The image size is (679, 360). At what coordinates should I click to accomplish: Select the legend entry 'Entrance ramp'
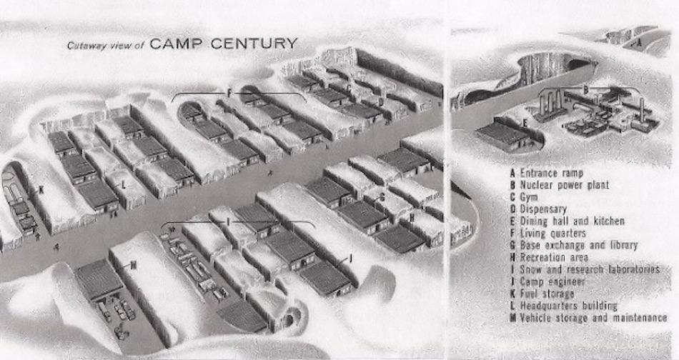pos(551,173)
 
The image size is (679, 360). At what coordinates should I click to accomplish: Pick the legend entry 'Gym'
pos(530,197)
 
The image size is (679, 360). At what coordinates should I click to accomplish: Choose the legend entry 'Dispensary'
pos(543,209)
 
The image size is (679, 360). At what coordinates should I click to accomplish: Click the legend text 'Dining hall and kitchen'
pos(572,221)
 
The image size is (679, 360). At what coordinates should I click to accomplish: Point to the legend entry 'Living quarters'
pos(552,233)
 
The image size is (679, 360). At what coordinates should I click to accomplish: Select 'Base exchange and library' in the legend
pos(578,245)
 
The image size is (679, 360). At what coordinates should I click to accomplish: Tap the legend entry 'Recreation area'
pos(554,256)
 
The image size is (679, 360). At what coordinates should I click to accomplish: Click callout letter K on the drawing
pos(41,189)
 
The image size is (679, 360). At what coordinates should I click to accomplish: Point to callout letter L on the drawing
pos(124,184)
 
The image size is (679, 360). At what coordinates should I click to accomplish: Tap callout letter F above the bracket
pos(229,93)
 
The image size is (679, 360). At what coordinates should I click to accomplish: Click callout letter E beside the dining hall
pos(525,124)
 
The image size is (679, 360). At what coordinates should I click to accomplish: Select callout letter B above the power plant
pos(585,90)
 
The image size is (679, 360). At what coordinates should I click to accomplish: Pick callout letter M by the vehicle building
pos(133,265)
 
